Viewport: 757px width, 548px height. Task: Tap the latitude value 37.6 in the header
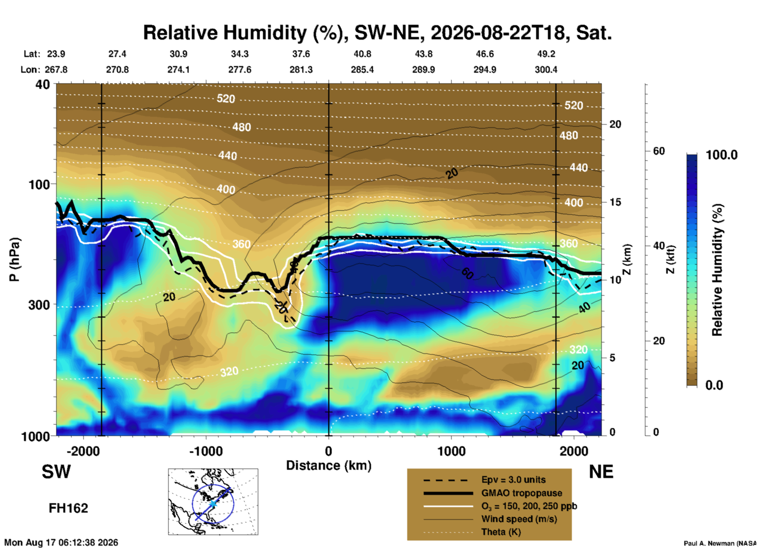301,54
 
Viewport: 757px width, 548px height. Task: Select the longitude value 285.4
362,70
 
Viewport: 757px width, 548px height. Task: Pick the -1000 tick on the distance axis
206,451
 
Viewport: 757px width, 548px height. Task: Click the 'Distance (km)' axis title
329,465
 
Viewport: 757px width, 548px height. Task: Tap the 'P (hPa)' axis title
15,259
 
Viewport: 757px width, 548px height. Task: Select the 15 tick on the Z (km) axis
615,202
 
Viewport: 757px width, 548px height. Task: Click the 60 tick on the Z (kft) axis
659,151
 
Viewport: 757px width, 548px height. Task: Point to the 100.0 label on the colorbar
722,155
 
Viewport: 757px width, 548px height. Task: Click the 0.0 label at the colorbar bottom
714,385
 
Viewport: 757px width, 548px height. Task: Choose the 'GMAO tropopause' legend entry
522,493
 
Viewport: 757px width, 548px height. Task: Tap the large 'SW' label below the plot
56,472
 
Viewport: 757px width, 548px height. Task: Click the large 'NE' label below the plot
601,472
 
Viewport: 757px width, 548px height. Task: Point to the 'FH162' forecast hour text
68,508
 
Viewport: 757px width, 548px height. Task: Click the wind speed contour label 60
467,273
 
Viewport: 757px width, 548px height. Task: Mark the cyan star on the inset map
213,504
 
